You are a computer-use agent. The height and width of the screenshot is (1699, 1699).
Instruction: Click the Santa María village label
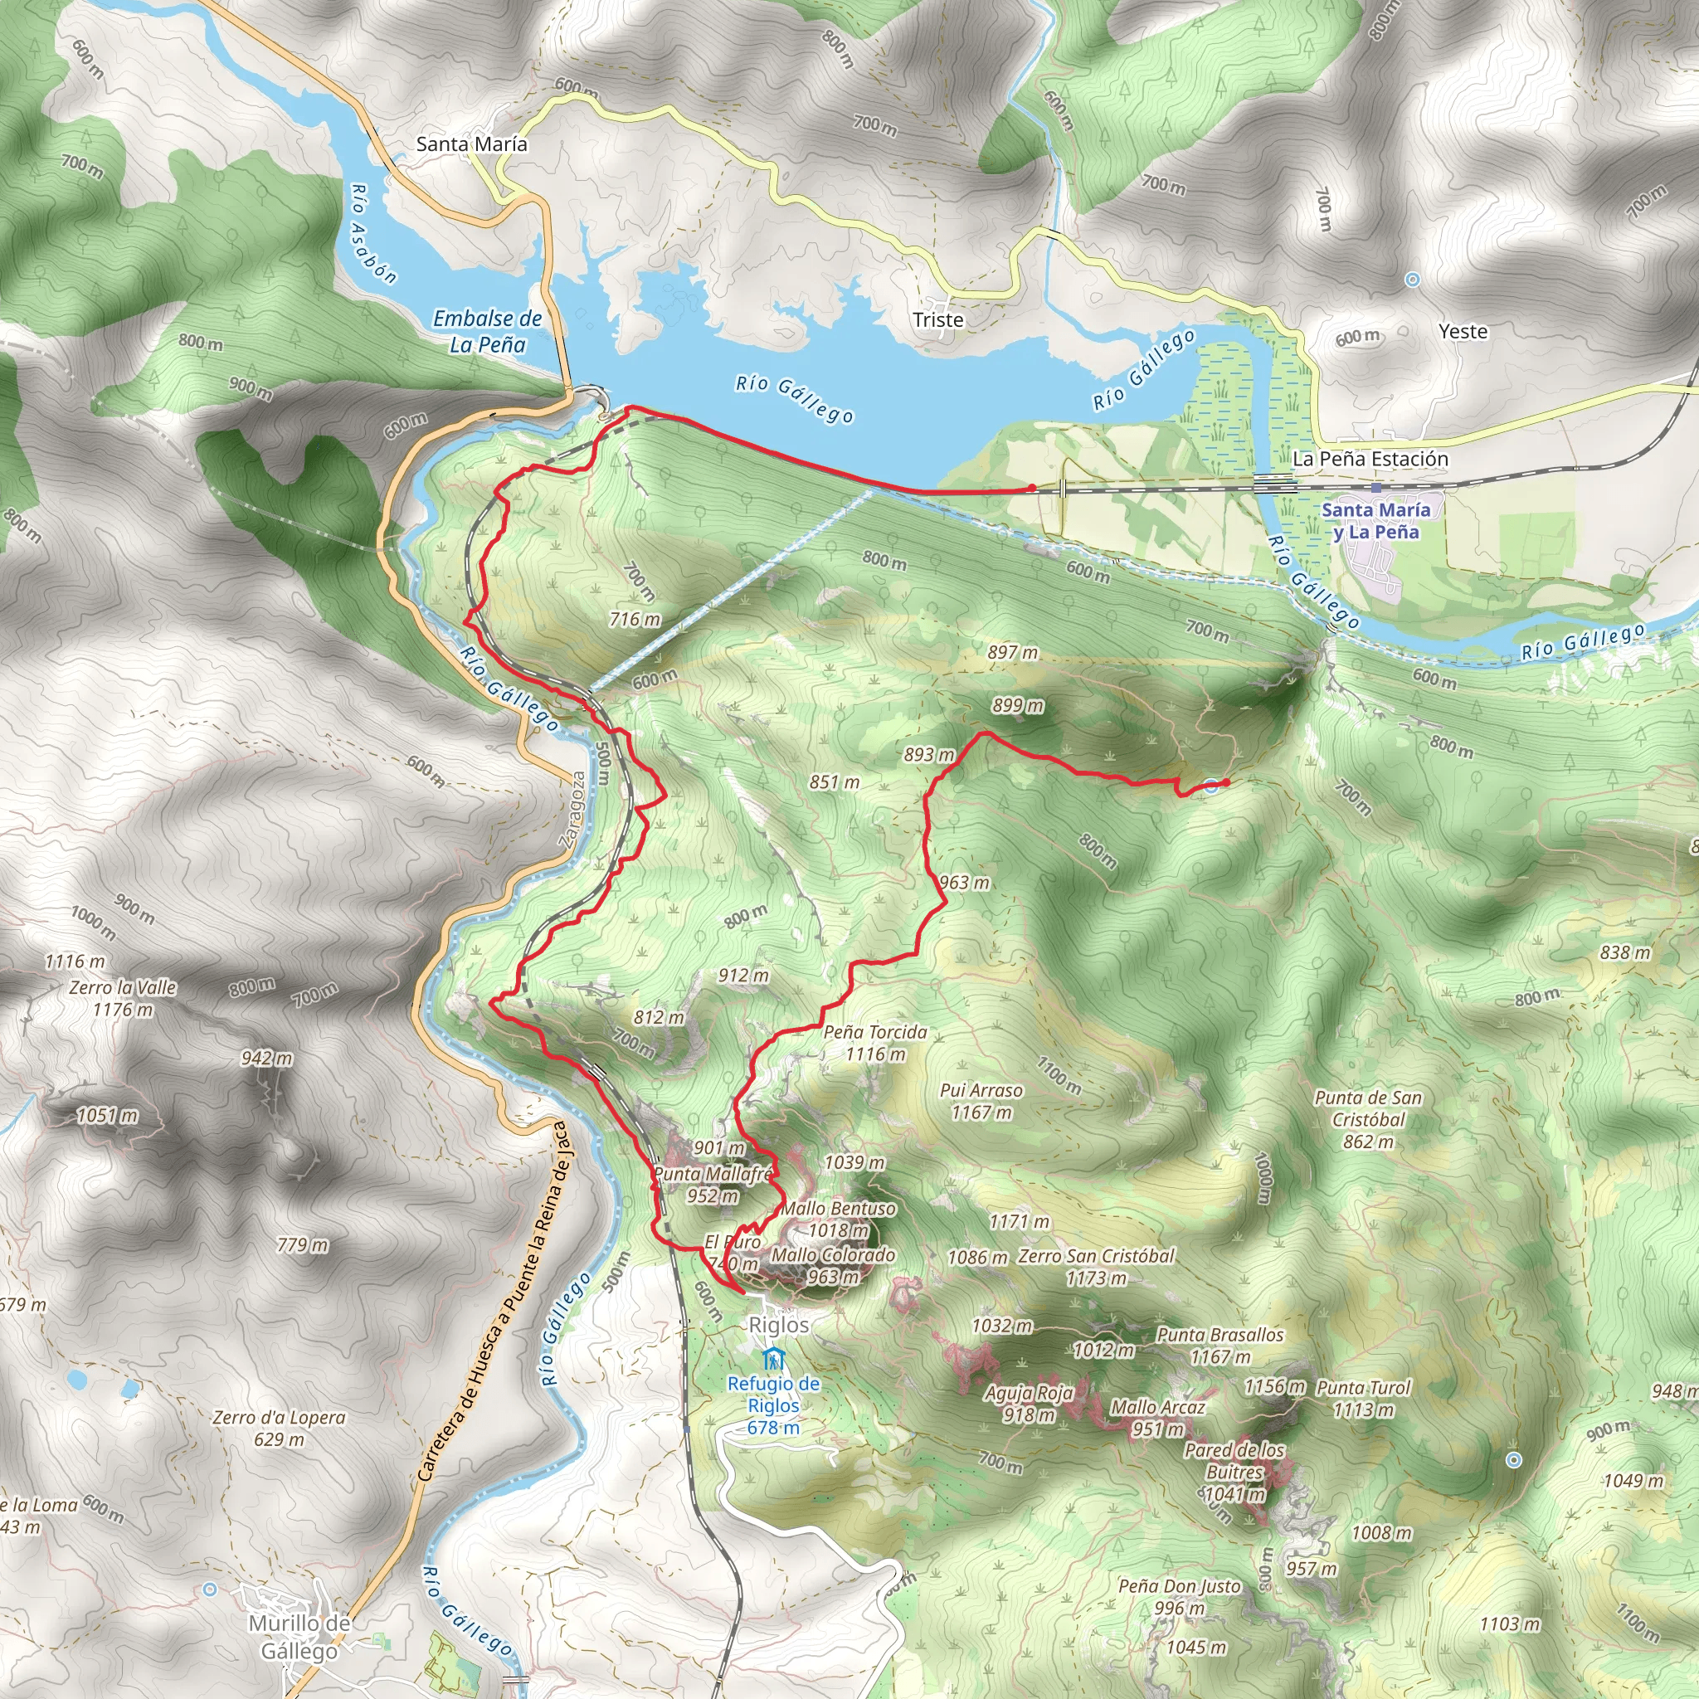[x=471, y=144]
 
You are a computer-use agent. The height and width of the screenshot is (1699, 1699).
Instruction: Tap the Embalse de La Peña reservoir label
[x=487, y=332]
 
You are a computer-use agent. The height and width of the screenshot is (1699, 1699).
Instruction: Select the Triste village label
[x=937, y=320]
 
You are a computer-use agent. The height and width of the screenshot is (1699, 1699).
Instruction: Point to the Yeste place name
[x=1463, y=332]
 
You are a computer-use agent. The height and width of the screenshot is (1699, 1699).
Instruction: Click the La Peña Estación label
[x=1370, y=459]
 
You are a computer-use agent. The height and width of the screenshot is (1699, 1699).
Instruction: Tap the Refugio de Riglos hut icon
[x=772, y=1359]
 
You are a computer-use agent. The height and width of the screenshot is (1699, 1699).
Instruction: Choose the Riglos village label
[x=778, y=1324]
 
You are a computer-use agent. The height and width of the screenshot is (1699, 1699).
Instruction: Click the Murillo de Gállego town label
[x=299, y=1638]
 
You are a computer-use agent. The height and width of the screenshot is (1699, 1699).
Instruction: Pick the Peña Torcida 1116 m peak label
[x=875, y=1043]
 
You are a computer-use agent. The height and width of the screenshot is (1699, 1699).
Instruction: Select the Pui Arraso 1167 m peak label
[x=981, y=1101]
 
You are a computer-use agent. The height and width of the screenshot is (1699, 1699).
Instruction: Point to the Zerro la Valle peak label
[x=123, y=999]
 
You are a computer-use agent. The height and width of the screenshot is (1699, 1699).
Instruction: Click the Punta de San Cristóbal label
[x=1367, y=1119]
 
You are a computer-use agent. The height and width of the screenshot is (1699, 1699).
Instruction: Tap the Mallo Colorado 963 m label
[x=833, y=1265]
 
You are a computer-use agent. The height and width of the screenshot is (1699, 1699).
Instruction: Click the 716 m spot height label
[x=634, y=620]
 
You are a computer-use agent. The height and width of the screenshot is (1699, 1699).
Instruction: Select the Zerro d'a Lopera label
[x=279, y=1429]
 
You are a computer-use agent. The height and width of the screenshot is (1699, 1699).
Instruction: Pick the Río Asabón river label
[x=372, y=234]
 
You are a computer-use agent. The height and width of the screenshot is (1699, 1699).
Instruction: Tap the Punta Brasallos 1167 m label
[x=1219, y=1346]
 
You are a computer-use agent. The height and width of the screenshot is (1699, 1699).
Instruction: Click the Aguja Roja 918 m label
[x=1029, y=1404]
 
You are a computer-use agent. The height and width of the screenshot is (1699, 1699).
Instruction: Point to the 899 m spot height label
[x=1017, y=706]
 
